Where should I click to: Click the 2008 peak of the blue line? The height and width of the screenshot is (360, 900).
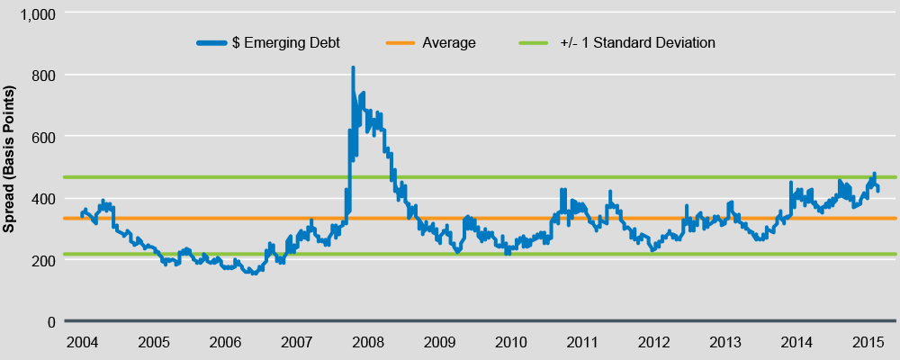click(353, 67)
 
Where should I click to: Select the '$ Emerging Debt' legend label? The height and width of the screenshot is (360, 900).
click(285, 42)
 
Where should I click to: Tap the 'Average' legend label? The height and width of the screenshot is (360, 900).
click(448, 42)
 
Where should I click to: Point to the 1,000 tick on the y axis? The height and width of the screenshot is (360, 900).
click(36, 13)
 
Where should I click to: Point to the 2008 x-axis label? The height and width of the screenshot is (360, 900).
click(367, 343)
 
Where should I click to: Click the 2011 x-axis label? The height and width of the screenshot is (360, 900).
click(582, 343)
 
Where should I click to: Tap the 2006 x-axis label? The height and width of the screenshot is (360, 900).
click(224, 343)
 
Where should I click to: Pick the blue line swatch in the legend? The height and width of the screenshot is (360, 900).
click(210, 42)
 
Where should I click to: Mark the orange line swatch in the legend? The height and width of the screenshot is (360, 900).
click(400, 42)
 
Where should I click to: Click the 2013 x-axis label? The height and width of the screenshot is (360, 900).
click(725, 343)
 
